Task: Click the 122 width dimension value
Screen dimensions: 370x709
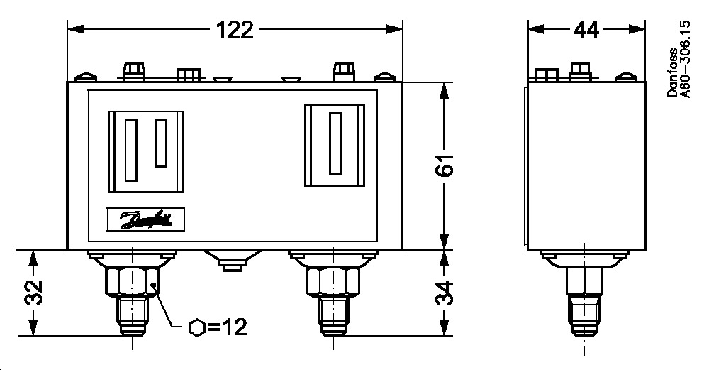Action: coord(235,30)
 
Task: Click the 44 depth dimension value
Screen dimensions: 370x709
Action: coord(586,30)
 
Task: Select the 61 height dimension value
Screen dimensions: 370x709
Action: coord(444,166)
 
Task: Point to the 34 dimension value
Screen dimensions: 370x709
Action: coord(444,293)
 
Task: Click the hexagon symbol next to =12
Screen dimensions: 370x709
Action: coord(199,327)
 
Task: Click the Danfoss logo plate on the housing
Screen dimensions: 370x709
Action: coord(146,219)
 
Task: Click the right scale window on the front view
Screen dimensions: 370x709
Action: coord(335,145)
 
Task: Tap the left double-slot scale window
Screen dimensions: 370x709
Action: coord(146,151)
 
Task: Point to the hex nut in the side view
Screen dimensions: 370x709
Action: coord(585,281)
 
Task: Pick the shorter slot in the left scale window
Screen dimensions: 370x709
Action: coord(161,143)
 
